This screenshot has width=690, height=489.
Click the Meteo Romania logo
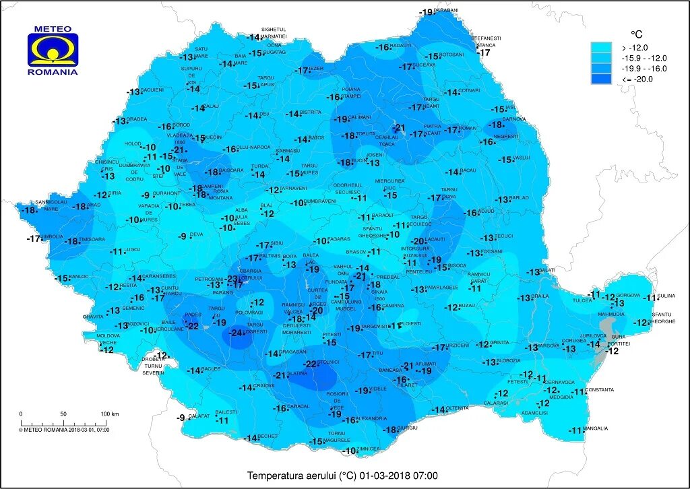coord(53,51)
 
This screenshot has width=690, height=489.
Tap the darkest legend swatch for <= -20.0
coord(601,79)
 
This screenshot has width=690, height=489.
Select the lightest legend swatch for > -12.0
coord(601,47)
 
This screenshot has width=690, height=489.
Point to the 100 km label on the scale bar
coord(110,414)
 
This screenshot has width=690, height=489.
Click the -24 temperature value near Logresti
coord(236,333)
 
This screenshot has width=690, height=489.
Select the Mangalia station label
coord(596,428)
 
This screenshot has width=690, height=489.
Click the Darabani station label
coord(446,10)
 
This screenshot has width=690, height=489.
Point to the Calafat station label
coord(199,416)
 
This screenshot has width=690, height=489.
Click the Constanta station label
coord(600,390)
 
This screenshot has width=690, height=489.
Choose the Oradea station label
coord(137,120)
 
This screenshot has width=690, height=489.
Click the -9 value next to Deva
coord(182,236)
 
